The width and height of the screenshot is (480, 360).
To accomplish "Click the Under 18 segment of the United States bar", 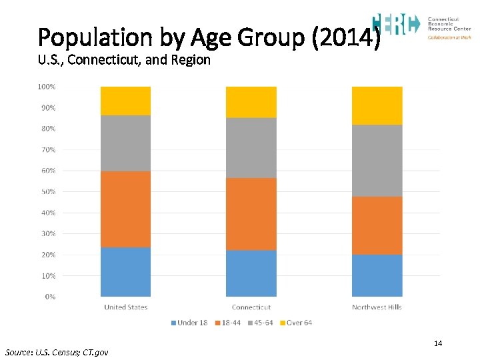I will [x=125, y=272].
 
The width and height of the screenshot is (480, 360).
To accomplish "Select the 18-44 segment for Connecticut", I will [x=251, y=214].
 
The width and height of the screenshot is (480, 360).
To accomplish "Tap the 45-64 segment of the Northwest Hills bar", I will [x=377, y=161].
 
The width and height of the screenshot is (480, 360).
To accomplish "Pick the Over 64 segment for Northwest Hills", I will [x=377, y=105].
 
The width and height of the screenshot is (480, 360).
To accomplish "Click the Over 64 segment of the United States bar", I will [x=125, y=101].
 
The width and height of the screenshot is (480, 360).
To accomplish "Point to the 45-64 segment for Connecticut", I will [x=251, y=148].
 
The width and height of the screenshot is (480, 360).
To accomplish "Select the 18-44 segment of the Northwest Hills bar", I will [x=377, y=225].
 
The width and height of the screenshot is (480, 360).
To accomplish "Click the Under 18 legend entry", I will [x=189, y=323].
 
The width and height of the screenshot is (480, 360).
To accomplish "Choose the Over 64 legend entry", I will [x=296, y=323].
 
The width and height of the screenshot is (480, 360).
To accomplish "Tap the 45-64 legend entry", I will [x=260, y=323].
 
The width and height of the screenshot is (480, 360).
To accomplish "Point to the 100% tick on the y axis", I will [x=47, y=87].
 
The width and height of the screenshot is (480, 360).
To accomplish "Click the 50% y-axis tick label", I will [x=47, y=191].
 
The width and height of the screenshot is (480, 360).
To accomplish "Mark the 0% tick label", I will [x=50, y=297].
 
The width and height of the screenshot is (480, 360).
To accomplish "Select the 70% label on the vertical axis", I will [x=47, y=149].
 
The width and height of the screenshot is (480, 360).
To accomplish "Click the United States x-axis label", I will [x=125, y=307].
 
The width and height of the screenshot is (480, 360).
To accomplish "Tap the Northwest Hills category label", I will [x=377, y=307].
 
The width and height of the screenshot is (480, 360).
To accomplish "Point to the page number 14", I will [x=438, y=343].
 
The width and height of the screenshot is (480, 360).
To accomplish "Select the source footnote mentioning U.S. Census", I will [x=56, y=351].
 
